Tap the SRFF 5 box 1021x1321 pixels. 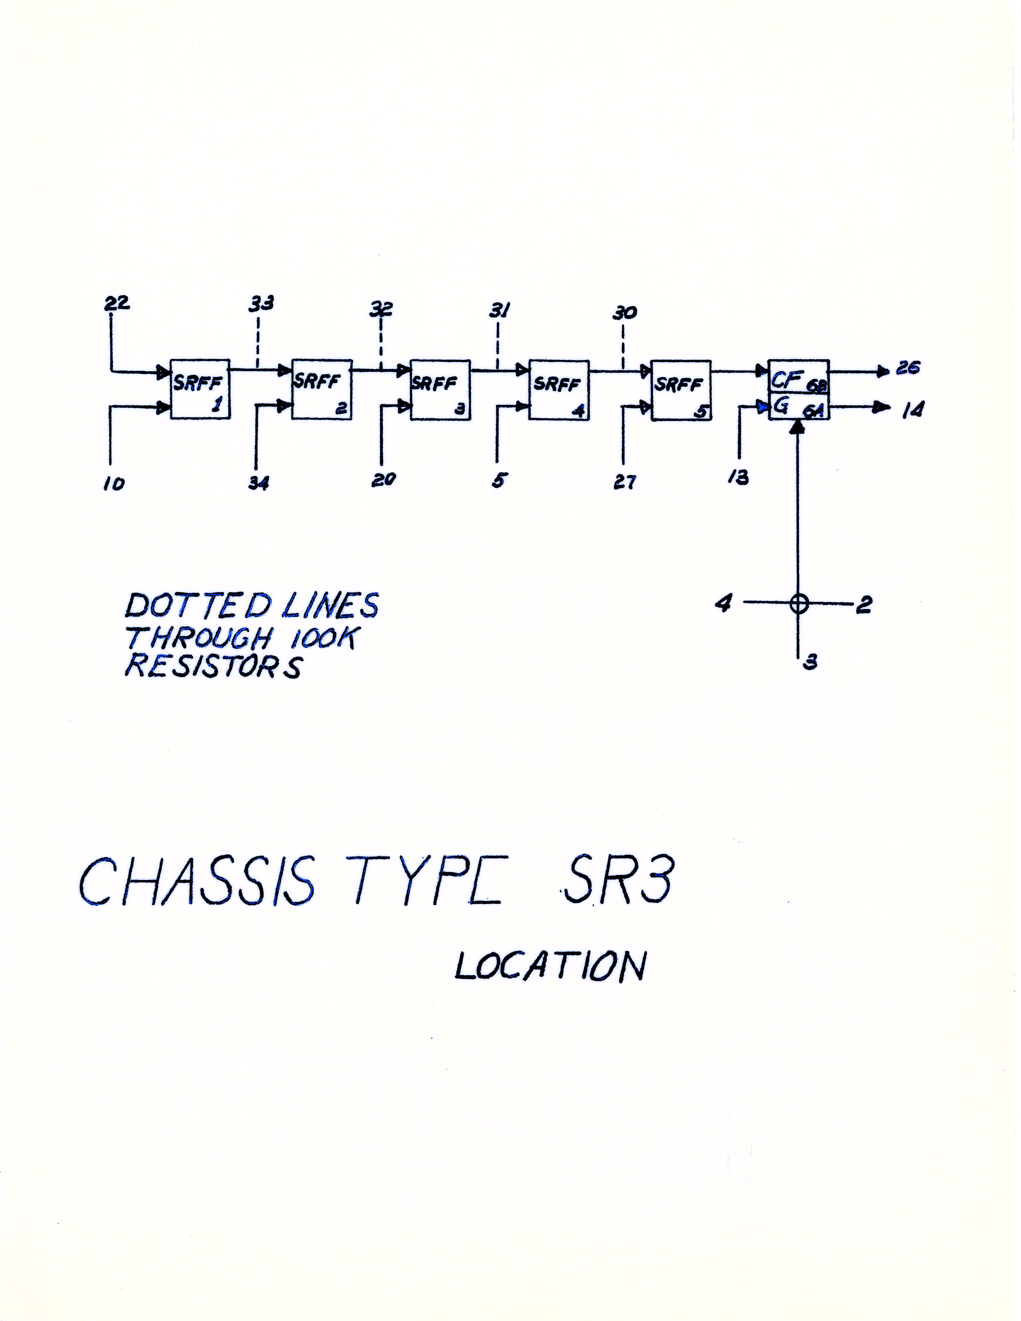(x=680, y=390)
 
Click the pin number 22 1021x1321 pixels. (x=117, y=302)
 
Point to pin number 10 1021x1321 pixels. (x=114, y=484)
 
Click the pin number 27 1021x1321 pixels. (x=625, y=483)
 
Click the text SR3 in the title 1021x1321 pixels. (x=617, y=880)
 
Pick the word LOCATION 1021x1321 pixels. (x=550, y=966)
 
